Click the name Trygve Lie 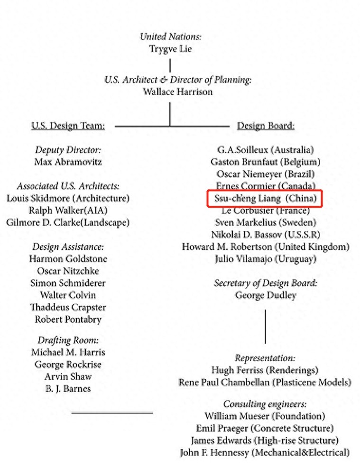tap(170, 49)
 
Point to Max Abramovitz tap(68, 162)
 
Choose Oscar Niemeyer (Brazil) tap(266, 174)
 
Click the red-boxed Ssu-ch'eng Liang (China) tap(265, 199)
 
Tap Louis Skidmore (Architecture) tap(68, 198)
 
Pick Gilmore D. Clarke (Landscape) tap(68, 222)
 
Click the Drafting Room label tap(68, 340)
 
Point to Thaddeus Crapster tap(68, 307)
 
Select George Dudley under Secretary tap(266, 295)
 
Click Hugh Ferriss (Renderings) tap(265, 370)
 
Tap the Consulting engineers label tap(265, 404)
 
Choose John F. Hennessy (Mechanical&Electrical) tap(265, 453)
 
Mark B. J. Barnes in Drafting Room tap(68, 389)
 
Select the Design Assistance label tap(68, 247)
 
